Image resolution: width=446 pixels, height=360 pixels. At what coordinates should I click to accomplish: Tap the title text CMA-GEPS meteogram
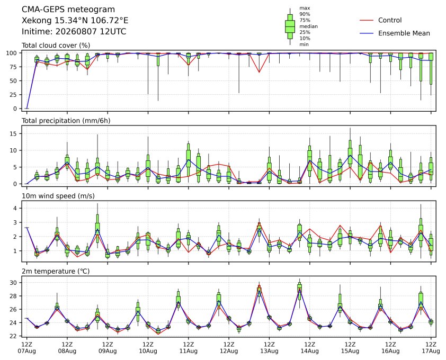point(68,10)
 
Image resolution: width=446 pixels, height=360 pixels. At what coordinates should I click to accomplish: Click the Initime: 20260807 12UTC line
point(74,31)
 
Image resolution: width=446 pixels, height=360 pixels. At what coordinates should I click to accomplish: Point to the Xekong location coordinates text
point(75,21)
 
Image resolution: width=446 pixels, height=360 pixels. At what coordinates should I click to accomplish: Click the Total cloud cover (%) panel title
point(56,46)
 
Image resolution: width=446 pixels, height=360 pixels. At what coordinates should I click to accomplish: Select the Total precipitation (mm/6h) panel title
point(66,121)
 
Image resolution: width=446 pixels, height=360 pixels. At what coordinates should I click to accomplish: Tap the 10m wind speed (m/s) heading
point(58,196)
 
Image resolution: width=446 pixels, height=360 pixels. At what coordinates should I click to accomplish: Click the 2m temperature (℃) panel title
point(56,271)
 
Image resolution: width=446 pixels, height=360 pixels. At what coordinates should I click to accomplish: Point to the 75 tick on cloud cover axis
point(14,67)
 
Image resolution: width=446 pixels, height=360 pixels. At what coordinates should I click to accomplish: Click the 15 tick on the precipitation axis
point(14,133)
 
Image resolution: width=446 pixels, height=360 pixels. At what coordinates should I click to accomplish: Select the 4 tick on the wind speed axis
point(15,208)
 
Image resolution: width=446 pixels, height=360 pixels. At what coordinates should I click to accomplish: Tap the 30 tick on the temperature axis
point(14,283)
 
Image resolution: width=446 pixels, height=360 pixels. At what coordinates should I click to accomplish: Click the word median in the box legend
point(309,26)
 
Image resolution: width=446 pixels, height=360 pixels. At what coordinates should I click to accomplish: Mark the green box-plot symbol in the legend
point(290,26)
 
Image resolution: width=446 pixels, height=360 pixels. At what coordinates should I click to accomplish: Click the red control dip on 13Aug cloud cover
point(259,72)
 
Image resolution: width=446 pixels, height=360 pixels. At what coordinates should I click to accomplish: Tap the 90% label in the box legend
point(305,14)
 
